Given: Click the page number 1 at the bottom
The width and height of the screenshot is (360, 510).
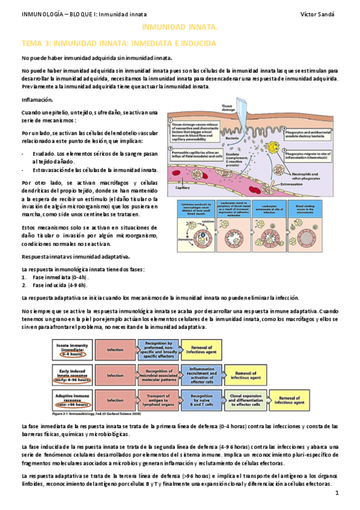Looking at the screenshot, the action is click(x=338, y=494).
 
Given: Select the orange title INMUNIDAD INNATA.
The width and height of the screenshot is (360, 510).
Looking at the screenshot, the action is click(x=180, y=28).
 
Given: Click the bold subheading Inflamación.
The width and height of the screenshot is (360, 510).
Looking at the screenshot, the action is click(x=38, y=100).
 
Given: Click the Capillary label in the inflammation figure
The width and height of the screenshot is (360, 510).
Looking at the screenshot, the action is click(x=183, y=187).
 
